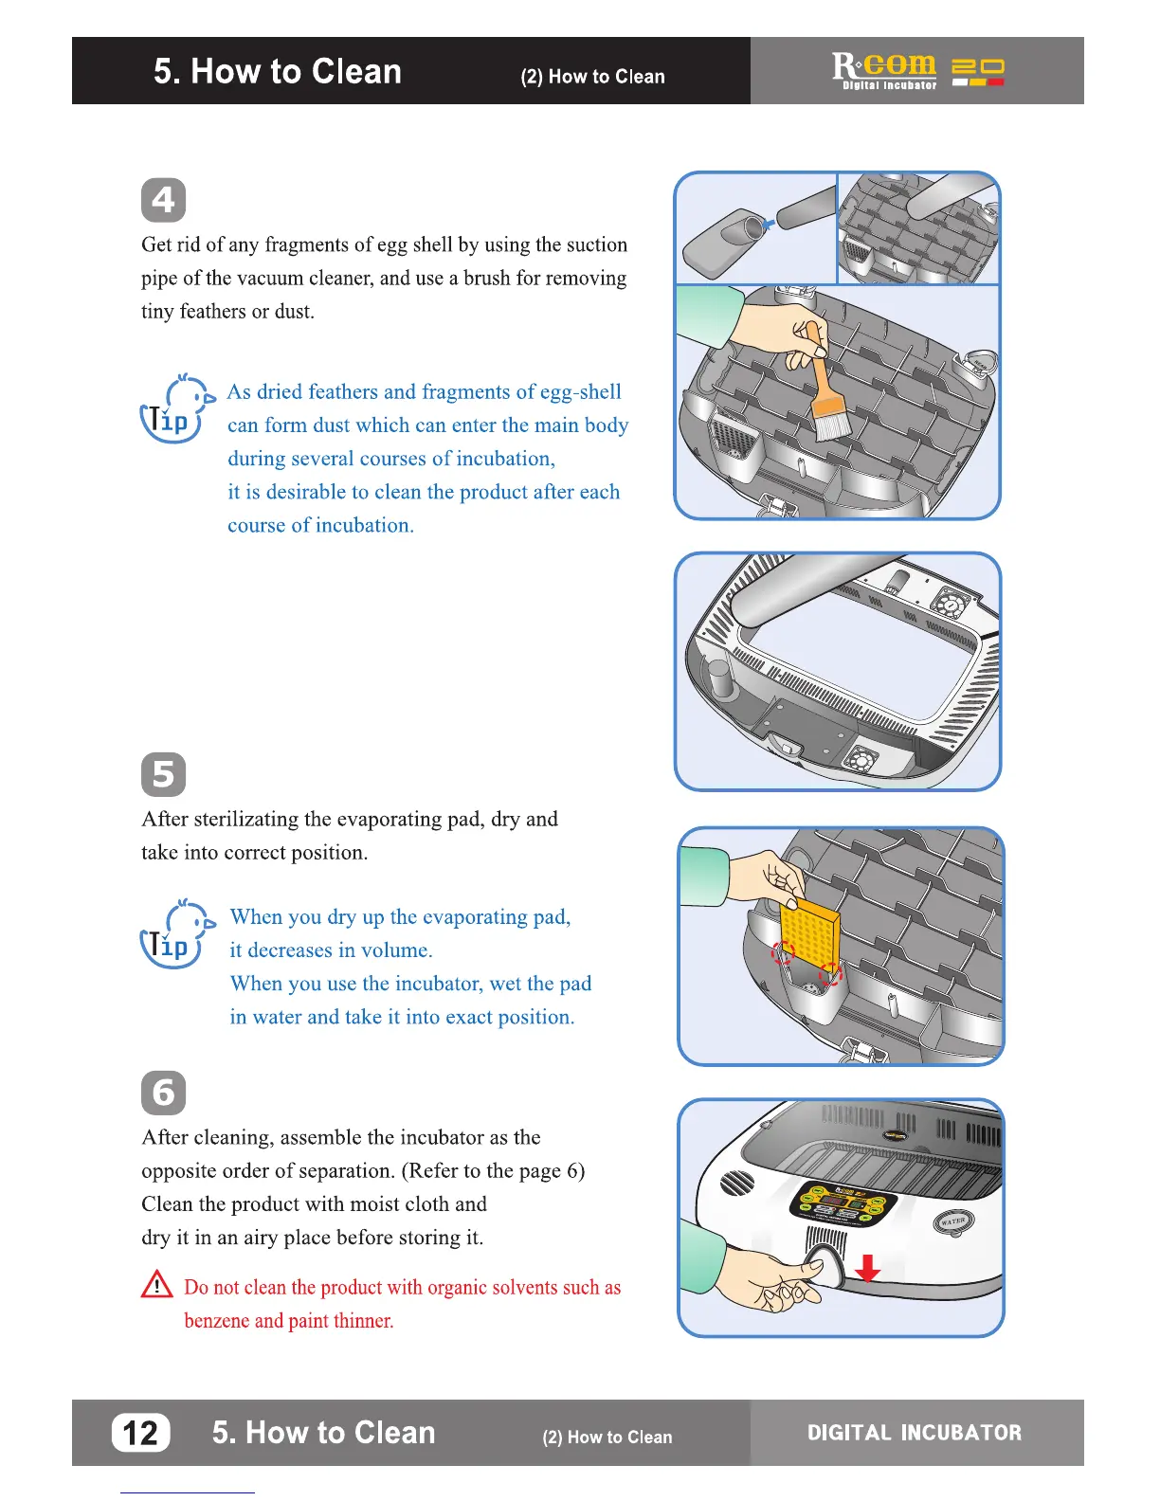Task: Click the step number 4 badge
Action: coord(163,201)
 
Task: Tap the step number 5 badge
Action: coord(163,774)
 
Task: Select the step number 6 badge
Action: coord(163,1093)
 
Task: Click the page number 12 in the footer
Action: coord(141,1433)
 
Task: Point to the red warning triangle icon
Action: coord(156,1285)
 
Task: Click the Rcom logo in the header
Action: coord(884,69)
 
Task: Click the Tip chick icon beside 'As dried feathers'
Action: coord(175,409)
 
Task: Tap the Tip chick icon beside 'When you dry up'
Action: coord(175,934)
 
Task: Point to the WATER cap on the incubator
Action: coord(952,1221)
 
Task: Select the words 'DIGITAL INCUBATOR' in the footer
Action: coord(915,1433)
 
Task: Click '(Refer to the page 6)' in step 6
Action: coord(493,1171)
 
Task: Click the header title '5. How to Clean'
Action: coord(278,72)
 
